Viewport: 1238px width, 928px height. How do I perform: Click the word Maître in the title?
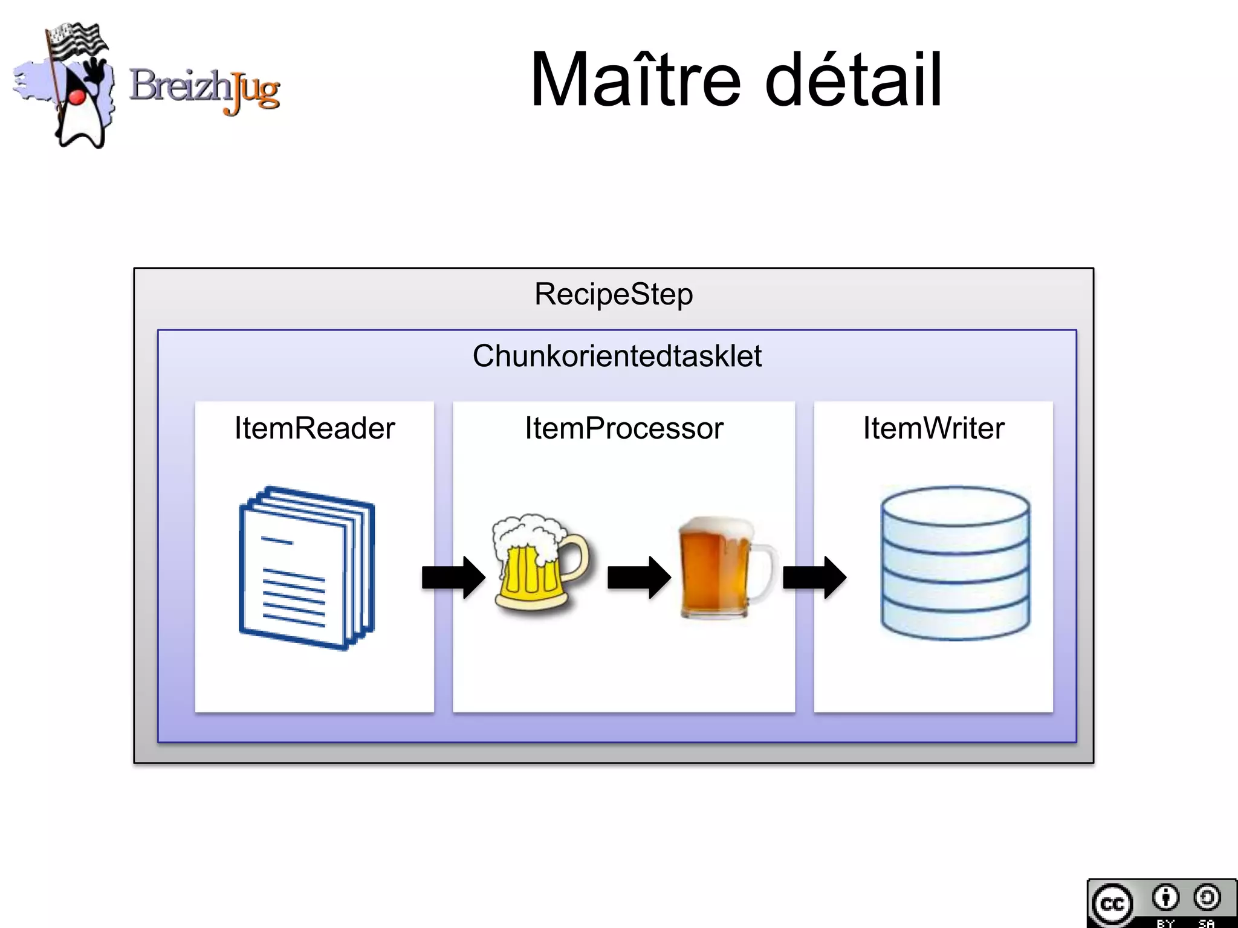635,80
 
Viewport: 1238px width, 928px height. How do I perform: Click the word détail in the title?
853,80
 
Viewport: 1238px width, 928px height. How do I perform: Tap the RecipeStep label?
614,295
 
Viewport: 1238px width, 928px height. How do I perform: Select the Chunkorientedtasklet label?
617,356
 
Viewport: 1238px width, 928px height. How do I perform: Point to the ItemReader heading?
314,428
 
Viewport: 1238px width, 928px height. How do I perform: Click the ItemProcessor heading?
624,428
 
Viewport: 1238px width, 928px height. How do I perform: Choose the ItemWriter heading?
933,428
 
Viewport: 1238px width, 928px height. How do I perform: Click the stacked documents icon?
307,568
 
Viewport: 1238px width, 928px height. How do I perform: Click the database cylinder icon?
955,563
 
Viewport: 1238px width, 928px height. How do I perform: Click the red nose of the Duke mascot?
76,96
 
